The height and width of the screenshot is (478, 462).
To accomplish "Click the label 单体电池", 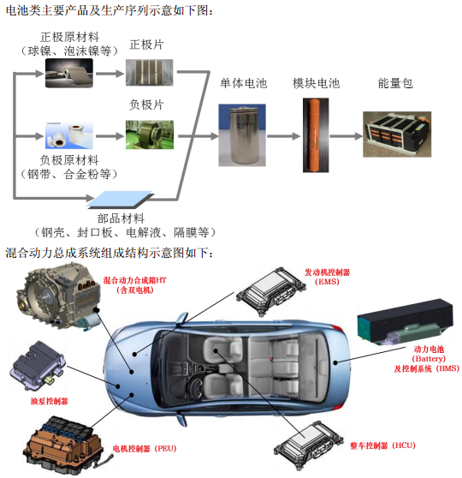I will (244, 83).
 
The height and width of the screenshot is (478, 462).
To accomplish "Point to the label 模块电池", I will (316, 83).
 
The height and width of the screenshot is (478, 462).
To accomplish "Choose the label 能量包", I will (395, 83).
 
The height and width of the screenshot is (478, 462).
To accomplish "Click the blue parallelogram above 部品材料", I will (121, 200).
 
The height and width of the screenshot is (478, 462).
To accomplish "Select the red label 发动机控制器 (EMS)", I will (328, 276).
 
